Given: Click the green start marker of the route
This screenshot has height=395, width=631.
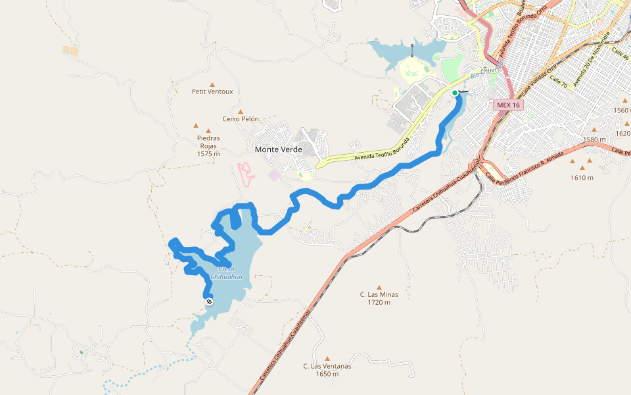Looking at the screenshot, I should point(454,93).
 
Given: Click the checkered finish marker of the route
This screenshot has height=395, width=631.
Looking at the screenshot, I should point(209,302).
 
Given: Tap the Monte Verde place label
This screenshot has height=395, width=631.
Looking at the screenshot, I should point(278,149).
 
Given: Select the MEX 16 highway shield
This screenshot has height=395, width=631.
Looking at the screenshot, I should point(508,105).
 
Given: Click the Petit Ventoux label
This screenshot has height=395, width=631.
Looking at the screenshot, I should point(212,92).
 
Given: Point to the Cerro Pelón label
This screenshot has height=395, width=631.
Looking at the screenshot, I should point(240,119).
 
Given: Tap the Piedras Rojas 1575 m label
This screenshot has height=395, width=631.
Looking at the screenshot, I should point(208,145).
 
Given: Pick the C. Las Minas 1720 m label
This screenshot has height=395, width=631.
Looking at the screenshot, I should point(379,298).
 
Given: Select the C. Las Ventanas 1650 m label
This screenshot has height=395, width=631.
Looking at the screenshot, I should point(327,370).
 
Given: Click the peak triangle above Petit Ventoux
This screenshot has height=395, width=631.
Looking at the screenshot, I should point(212,84).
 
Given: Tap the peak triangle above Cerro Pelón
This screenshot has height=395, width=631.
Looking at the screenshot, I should point(241,112).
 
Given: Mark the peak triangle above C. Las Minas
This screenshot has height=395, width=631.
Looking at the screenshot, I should point(379,287).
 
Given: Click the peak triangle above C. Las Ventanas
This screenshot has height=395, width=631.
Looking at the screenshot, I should point(327,359).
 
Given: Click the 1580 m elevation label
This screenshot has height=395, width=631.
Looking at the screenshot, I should point(594,140).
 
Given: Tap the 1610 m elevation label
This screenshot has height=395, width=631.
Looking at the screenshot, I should point(582,178).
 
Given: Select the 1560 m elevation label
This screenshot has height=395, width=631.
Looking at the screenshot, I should point(621,111).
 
